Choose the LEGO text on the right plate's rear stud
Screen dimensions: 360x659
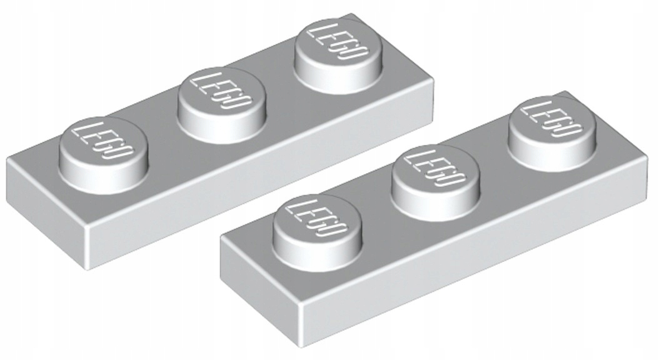point(551,122)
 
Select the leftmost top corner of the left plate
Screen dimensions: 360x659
point(8,159)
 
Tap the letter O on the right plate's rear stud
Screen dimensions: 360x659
point(568,133)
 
